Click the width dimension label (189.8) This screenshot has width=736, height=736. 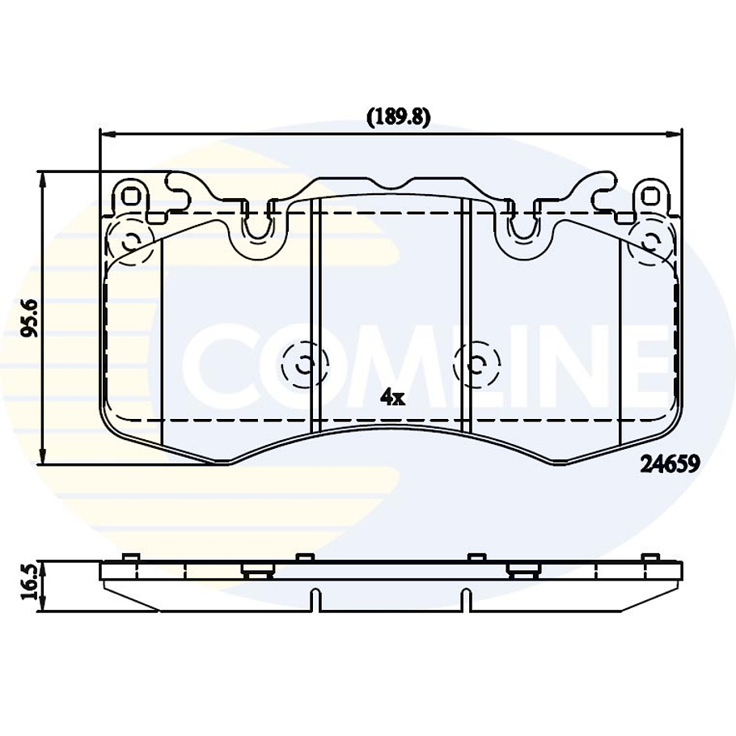(x=398, y=117)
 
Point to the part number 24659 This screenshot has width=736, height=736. (x=670, y=464)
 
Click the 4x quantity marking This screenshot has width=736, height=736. (x=392, y=398)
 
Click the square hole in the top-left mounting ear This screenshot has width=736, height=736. (x=131, y=196)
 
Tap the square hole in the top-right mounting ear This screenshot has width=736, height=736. (x=650, y=196)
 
